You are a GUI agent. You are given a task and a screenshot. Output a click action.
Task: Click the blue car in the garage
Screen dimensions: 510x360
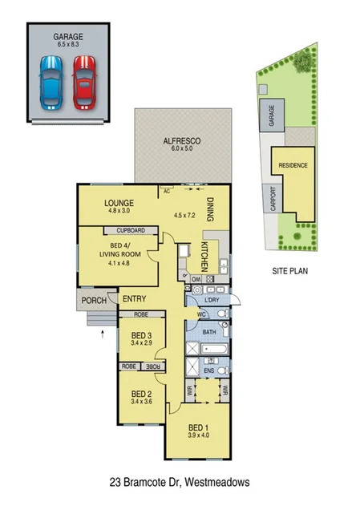pyautogui.click(x=51, y=83)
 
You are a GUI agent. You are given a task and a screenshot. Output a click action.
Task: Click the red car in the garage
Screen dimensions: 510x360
pyautogui.click(x=84, y=83)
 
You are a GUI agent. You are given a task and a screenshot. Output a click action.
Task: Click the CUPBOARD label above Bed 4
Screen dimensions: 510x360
pyautogui.click(x=130, y=230)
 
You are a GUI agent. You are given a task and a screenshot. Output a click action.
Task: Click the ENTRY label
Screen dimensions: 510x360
pyautogui.click(x=134, y=299)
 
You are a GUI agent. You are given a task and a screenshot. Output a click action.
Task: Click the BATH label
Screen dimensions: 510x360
pyautogui.click(x=209, y=331)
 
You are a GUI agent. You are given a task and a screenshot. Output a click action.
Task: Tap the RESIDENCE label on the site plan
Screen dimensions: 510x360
pyautogui.click(x=293, y=165)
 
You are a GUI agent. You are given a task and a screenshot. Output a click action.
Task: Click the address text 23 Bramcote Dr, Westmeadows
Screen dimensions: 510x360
pyautogui.click(x=180, y=483)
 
